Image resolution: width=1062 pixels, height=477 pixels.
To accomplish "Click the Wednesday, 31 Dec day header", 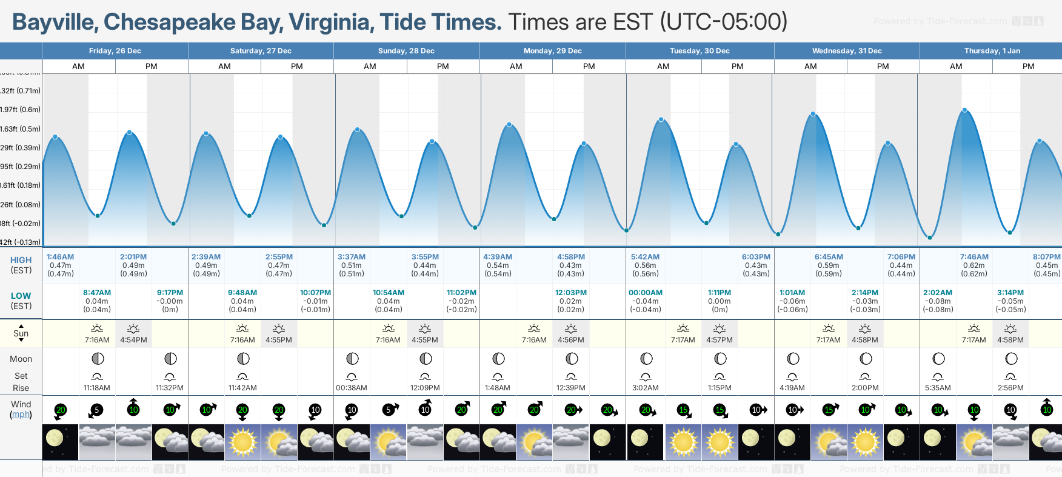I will pyautogui.click(x=847, y=51).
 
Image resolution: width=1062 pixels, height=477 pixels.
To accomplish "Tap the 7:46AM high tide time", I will pyautogui.click(x=974, y=257).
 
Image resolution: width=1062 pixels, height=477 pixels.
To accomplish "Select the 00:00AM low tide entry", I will pyautogui.click(x=646, y=293).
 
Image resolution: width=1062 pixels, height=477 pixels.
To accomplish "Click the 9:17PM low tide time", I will pyautogui.click(x=170, y=293).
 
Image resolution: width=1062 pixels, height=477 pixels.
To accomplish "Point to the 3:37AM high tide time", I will pyautogui.click(x=352, y=257).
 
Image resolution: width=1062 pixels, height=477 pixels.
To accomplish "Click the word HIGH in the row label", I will pyautogui.click(x=21, y=260).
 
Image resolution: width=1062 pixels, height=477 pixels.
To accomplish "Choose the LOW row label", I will pyautogui.click(x=21, y=296).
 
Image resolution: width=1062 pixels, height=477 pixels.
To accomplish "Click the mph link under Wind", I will pyautogui.click(x=21, y=415).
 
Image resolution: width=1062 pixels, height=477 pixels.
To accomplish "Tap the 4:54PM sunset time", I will pyautogui.click(x=133, y=340).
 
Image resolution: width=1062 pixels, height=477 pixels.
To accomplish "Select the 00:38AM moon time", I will pyautogui.click(x=352, y=388).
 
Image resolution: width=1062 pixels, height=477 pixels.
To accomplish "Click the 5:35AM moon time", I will pyautogui.click(x=938, y=388).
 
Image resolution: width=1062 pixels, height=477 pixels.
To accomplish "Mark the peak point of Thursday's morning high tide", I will pyautogui.click(x=964, y=110).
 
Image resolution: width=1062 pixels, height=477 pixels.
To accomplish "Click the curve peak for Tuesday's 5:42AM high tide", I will pyautogui.click(x=661, y=119).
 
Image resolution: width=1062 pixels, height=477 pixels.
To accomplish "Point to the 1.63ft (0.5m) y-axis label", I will pyautogui.click(x=21, y=129).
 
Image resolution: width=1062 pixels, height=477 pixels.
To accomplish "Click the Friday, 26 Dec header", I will pyautogui.click(x=115, y=51).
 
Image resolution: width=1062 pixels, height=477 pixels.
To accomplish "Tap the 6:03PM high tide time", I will pyautogui.click(x=756, y=257).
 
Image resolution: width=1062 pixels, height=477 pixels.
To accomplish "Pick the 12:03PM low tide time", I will pyautogui.click(x=571, y=293).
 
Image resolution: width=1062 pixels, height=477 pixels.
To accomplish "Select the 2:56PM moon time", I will pyautogui.click(x=1010, y=388).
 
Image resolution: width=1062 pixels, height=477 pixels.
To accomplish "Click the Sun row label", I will pyautogui.click(x=21, y=333).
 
